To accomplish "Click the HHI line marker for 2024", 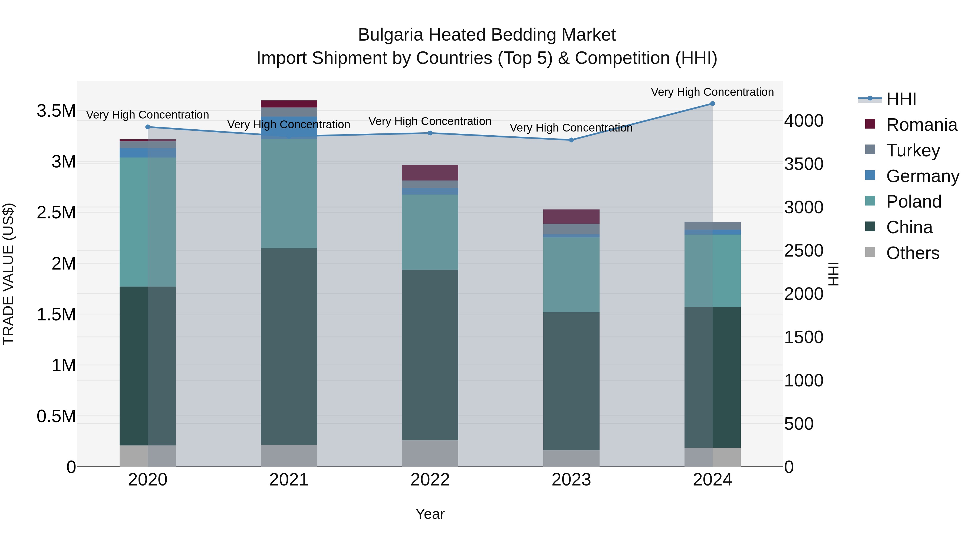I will pyautogui.click(x=712, y=104).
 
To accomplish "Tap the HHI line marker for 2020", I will pyautogui.click(x=148, y=127).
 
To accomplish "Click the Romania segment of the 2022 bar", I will pyautogui.click(x=430, y=173).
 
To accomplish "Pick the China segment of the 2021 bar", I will pyautogui.click(x=289, y=346).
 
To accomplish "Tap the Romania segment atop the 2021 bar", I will pyautogui.click(x=289, y=104).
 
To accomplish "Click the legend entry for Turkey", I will pyautogui.click(x=913, y=150).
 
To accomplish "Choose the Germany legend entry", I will pyautogui.click(x=922, y=176).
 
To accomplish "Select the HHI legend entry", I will pyautogui.click(x=901, y=99).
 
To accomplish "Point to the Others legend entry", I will pyautogui.click(x=912, y=253).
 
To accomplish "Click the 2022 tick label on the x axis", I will pyautogui.click(x=430, y=480).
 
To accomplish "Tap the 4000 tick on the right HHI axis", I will pyautogui.click(x=804, y=121).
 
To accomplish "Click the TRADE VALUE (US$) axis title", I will pyautogui.click(x=9, y=274).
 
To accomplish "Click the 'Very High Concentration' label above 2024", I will pyautogui.click(x=712, y=92).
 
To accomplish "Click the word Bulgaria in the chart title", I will pyautogui.click(x=391, y=35).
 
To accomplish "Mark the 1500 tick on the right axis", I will pyautogui.click(x=804, y=337).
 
